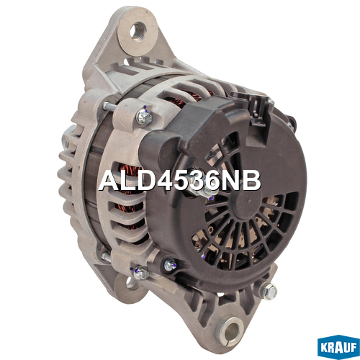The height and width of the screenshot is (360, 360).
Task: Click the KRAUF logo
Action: [x=338, y=347]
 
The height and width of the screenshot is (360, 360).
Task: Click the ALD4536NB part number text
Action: [x=180, y=181]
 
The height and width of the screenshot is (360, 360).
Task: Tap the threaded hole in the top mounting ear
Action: [x=138, y=32]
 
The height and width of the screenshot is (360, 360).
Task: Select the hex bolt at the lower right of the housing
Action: [x=269, y=292]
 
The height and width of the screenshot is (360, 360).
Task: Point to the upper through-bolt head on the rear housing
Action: [x=144, y=117]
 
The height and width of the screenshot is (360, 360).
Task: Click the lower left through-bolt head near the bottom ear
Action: [x=140, y=273]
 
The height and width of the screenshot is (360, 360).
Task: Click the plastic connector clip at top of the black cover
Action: [x=257, y=109]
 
